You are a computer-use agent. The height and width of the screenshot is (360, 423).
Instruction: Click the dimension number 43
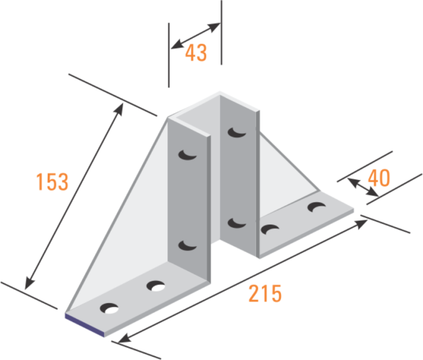point(196,53)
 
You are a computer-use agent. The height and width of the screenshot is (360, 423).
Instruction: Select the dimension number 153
point(52,182)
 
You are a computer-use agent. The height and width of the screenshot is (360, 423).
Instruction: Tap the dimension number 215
point(265,293)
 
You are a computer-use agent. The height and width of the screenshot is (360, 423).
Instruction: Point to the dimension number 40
point(378,178)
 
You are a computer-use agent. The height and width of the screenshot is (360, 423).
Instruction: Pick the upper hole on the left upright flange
point(187,156)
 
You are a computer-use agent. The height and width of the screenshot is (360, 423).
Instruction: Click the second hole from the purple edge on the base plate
point(156,286)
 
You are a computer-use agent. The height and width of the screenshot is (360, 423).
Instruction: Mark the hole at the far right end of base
point(317,207)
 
